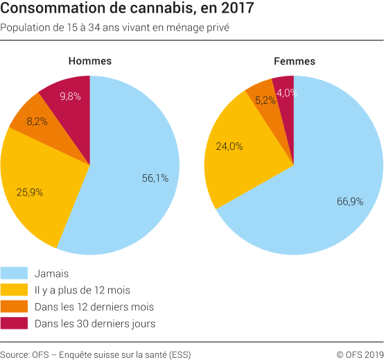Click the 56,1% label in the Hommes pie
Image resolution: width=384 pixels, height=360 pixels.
point(155,178)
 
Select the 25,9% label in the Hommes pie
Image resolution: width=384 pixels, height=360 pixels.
point(29,191)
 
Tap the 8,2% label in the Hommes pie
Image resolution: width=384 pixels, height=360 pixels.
point(37,121)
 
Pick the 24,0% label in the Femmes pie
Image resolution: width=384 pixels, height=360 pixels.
point(229,146)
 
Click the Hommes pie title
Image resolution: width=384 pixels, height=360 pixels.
point(89,61)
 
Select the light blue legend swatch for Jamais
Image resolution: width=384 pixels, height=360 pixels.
point(14,273)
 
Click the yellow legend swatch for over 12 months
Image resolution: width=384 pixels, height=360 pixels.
point(14,290)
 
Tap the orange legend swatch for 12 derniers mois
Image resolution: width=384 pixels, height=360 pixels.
point(14,307)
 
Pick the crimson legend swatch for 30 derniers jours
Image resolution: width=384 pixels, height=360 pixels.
point(14,323)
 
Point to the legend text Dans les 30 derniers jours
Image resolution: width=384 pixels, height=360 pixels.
point(94,323)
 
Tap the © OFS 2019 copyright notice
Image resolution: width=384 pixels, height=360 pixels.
point(360,354)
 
